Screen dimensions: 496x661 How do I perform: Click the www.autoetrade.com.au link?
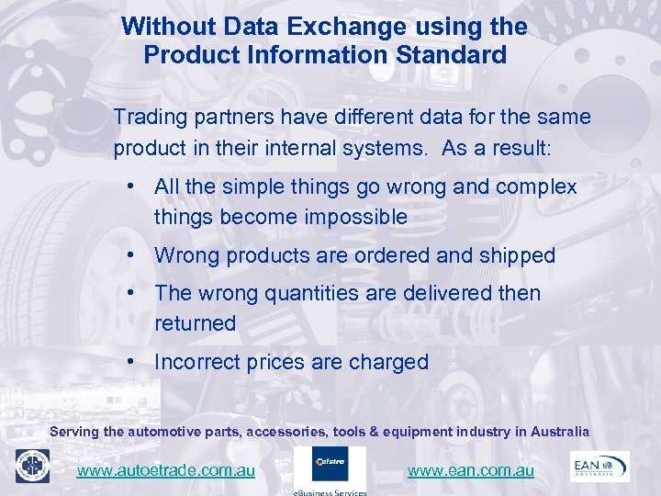coord(165,470)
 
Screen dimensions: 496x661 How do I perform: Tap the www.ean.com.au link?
coord(470,470)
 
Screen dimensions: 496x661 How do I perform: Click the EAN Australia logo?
coord(599,466)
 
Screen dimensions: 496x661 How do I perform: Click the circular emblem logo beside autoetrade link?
coord(32,466)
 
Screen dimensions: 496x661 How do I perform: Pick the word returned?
coord(195,323)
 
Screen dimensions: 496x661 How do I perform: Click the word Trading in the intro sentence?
coord(148,118)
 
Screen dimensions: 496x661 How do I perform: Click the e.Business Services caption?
coord(330,491)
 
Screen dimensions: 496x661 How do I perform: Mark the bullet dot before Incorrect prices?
coord(134,361)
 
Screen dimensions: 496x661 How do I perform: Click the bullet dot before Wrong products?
coord(134,254)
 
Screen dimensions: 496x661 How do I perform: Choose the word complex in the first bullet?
coord(536,187)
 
